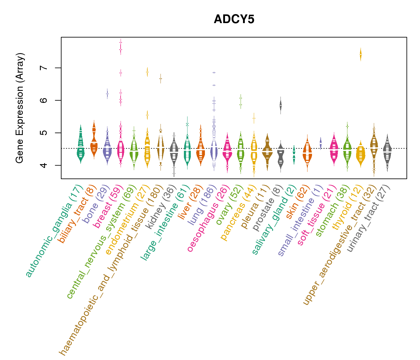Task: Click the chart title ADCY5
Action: click(x=234, y=19)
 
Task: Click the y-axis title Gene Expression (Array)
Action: click(x=20, y=108)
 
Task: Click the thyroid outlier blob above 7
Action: click(x=361, y=54)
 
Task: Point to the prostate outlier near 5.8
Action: click(x=280, y=105)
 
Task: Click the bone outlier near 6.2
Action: click(x=107, y=94)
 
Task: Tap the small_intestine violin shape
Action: click(x=320, y=143)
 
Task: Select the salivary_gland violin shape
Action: click(x=294, y=154)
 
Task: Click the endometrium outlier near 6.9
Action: click(x=147, y=72)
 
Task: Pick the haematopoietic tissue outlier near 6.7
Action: click(x=160, y=79)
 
